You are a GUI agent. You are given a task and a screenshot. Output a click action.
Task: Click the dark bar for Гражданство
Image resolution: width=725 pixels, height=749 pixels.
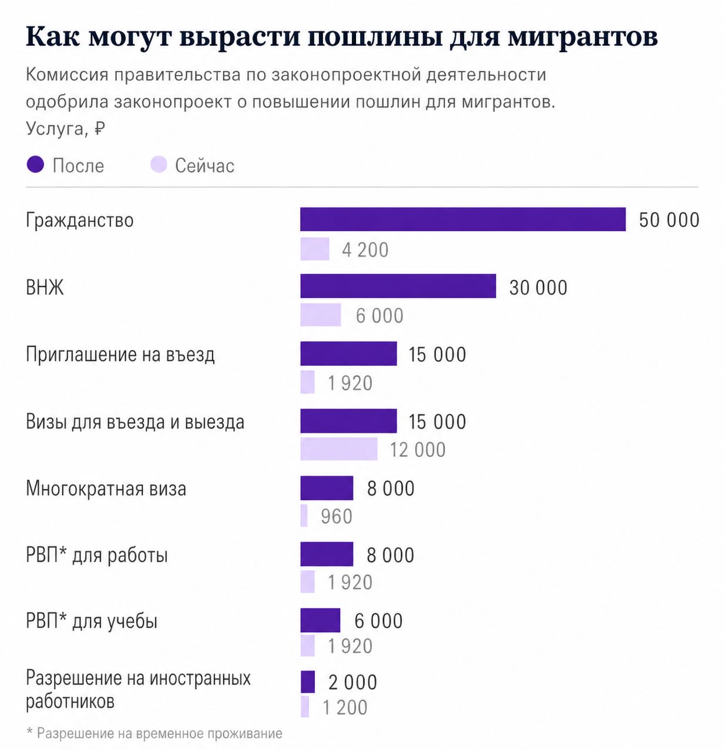click(462, 219)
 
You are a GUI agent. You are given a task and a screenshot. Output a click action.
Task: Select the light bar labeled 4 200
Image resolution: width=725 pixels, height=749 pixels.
click(314, 249)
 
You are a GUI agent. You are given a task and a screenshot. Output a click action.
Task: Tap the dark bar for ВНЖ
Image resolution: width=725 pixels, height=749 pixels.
click(398, 286)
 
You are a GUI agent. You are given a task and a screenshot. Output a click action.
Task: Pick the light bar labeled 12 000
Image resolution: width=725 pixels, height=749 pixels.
click(338, 449)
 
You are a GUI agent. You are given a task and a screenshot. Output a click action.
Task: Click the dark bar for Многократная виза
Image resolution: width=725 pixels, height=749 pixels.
click(327, 488)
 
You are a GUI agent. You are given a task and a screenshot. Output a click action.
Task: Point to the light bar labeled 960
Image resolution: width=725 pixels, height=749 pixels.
click(304, 516)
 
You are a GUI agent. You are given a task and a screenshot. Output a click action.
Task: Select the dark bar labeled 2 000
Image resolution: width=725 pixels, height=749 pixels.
click(307, 682)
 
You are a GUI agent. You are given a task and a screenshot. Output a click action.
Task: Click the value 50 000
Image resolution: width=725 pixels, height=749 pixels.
click(669, 220)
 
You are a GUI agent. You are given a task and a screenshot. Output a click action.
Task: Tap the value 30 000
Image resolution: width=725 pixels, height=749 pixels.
click(538, 287)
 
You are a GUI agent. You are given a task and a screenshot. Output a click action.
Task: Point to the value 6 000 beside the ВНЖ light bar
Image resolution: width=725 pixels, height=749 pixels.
click(380, 316)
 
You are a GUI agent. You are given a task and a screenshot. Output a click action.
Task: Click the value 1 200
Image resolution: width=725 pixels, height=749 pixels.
click(345, 707)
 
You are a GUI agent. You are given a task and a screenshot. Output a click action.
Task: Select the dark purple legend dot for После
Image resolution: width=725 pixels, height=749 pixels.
click(35, 165)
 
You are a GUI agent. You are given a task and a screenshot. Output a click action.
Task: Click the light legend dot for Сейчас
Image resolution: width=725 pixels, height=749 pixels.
click(159, 165)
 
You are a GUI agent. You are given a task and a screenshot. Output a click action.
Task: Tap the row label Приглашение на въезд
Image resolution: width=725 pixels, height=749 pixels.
click(120, 355)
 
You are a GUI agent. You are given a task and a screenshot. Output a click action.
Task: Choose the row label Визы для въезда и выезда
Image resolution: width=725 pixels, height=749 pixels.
click(135, 422)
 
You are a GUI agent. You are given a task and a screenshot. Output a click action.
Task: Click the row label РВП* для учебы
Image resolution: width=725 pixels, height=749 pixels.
click(92, 621)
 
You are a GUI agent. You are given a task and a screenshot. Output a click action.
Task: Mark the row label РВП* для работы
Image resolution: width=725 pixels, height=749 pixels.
click(97, 555)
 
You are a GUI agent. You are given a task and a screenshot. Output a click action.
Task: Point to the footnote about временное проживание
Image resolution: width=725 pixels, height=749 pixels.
click(155, 733)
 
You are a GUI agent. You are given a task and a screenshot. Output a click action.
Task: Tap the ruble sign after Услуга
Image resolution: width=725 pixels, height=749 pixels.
click(99, 128)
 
